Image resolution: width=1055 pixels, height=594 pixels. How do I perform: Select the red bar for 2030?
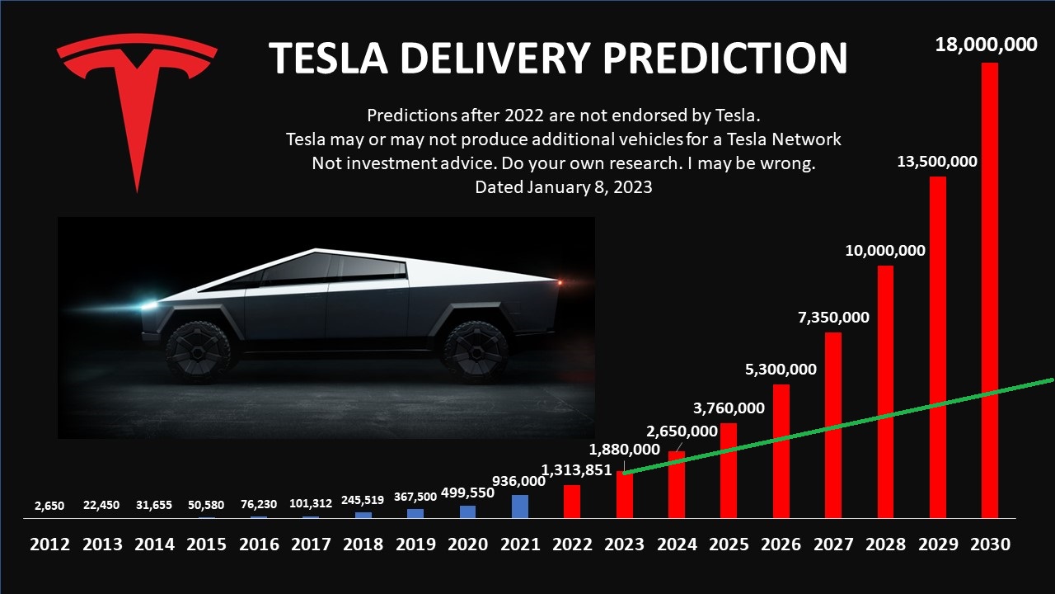tap(989, 289)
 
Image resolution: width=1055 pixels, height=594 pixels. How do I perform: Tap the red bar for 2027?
tap(832, 425)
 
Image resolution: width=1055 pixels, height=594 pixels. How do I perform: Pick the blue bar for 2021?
tap(520, 507)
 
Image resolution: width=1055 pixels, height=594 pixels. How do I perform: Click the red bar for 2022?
tap(572, 502)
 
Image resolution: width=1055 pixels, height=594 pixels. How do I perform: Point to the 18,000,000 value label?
tap(986, 45)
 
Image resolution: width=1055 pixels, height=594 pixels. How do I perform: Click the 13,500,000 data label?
tap(937, 161)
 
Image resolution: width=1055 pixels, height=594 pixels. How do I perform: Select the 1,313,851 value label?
tap(576, 470)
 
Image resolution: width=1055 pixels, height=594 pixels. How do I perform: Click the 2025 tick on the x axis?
tap(729, 544)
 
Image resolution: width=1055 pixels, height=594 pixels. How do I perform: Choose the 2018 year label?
tap(363, 544)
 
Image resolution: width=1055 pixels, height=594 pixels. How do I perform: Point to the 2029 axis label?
tap(937, 544)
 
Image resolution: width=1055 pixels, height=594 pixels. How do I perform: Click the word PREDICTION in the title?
tap(725, 58)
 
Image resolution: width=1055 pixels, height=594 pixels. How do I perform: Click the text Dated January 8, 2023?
tap(564, 187)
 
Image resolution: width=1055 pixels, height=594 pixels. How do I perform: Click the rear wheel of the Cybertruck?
tap(476, 350)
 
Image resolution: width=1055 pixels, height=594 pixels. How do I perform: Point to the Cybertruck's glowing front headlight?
tap(150, 305)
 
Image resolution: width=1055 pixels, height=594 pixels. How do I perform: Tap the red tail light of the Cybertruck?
tap(560, 283)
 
